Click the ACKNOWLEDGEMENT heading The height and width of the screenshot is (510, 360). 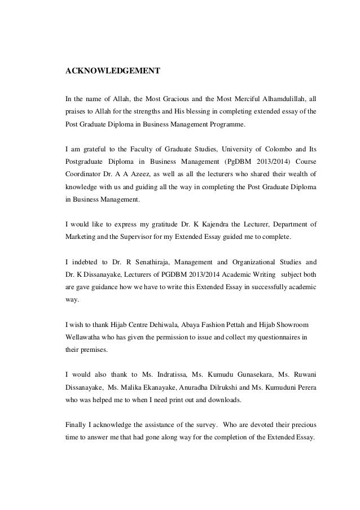(113, 71)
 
